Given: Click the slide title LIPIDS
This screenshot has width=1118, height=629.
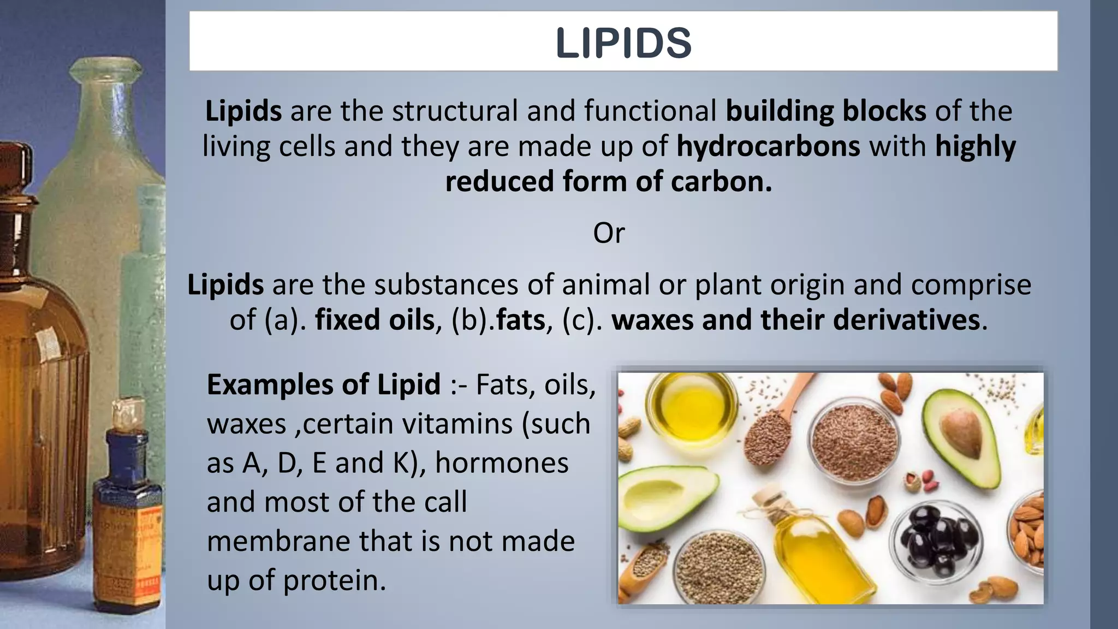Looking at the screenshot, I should (623, 43).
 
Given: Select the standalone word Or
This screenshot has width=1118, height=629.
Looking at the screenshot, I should (608, 233).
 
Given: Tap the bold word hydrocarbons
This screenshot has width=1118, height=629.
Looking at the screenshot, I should (768, 146).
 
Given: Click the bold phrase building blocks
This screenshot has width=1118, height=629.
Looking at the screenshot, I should (825, 111).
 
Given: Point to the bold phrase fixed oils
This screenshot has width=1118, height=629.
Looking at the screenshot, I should (374, 319).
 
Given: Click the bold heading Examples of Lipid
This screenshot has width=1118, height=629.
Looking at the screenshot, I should (324, 384).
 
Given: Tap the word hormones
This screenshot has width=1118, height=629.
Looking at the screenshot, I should (502, 462).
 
